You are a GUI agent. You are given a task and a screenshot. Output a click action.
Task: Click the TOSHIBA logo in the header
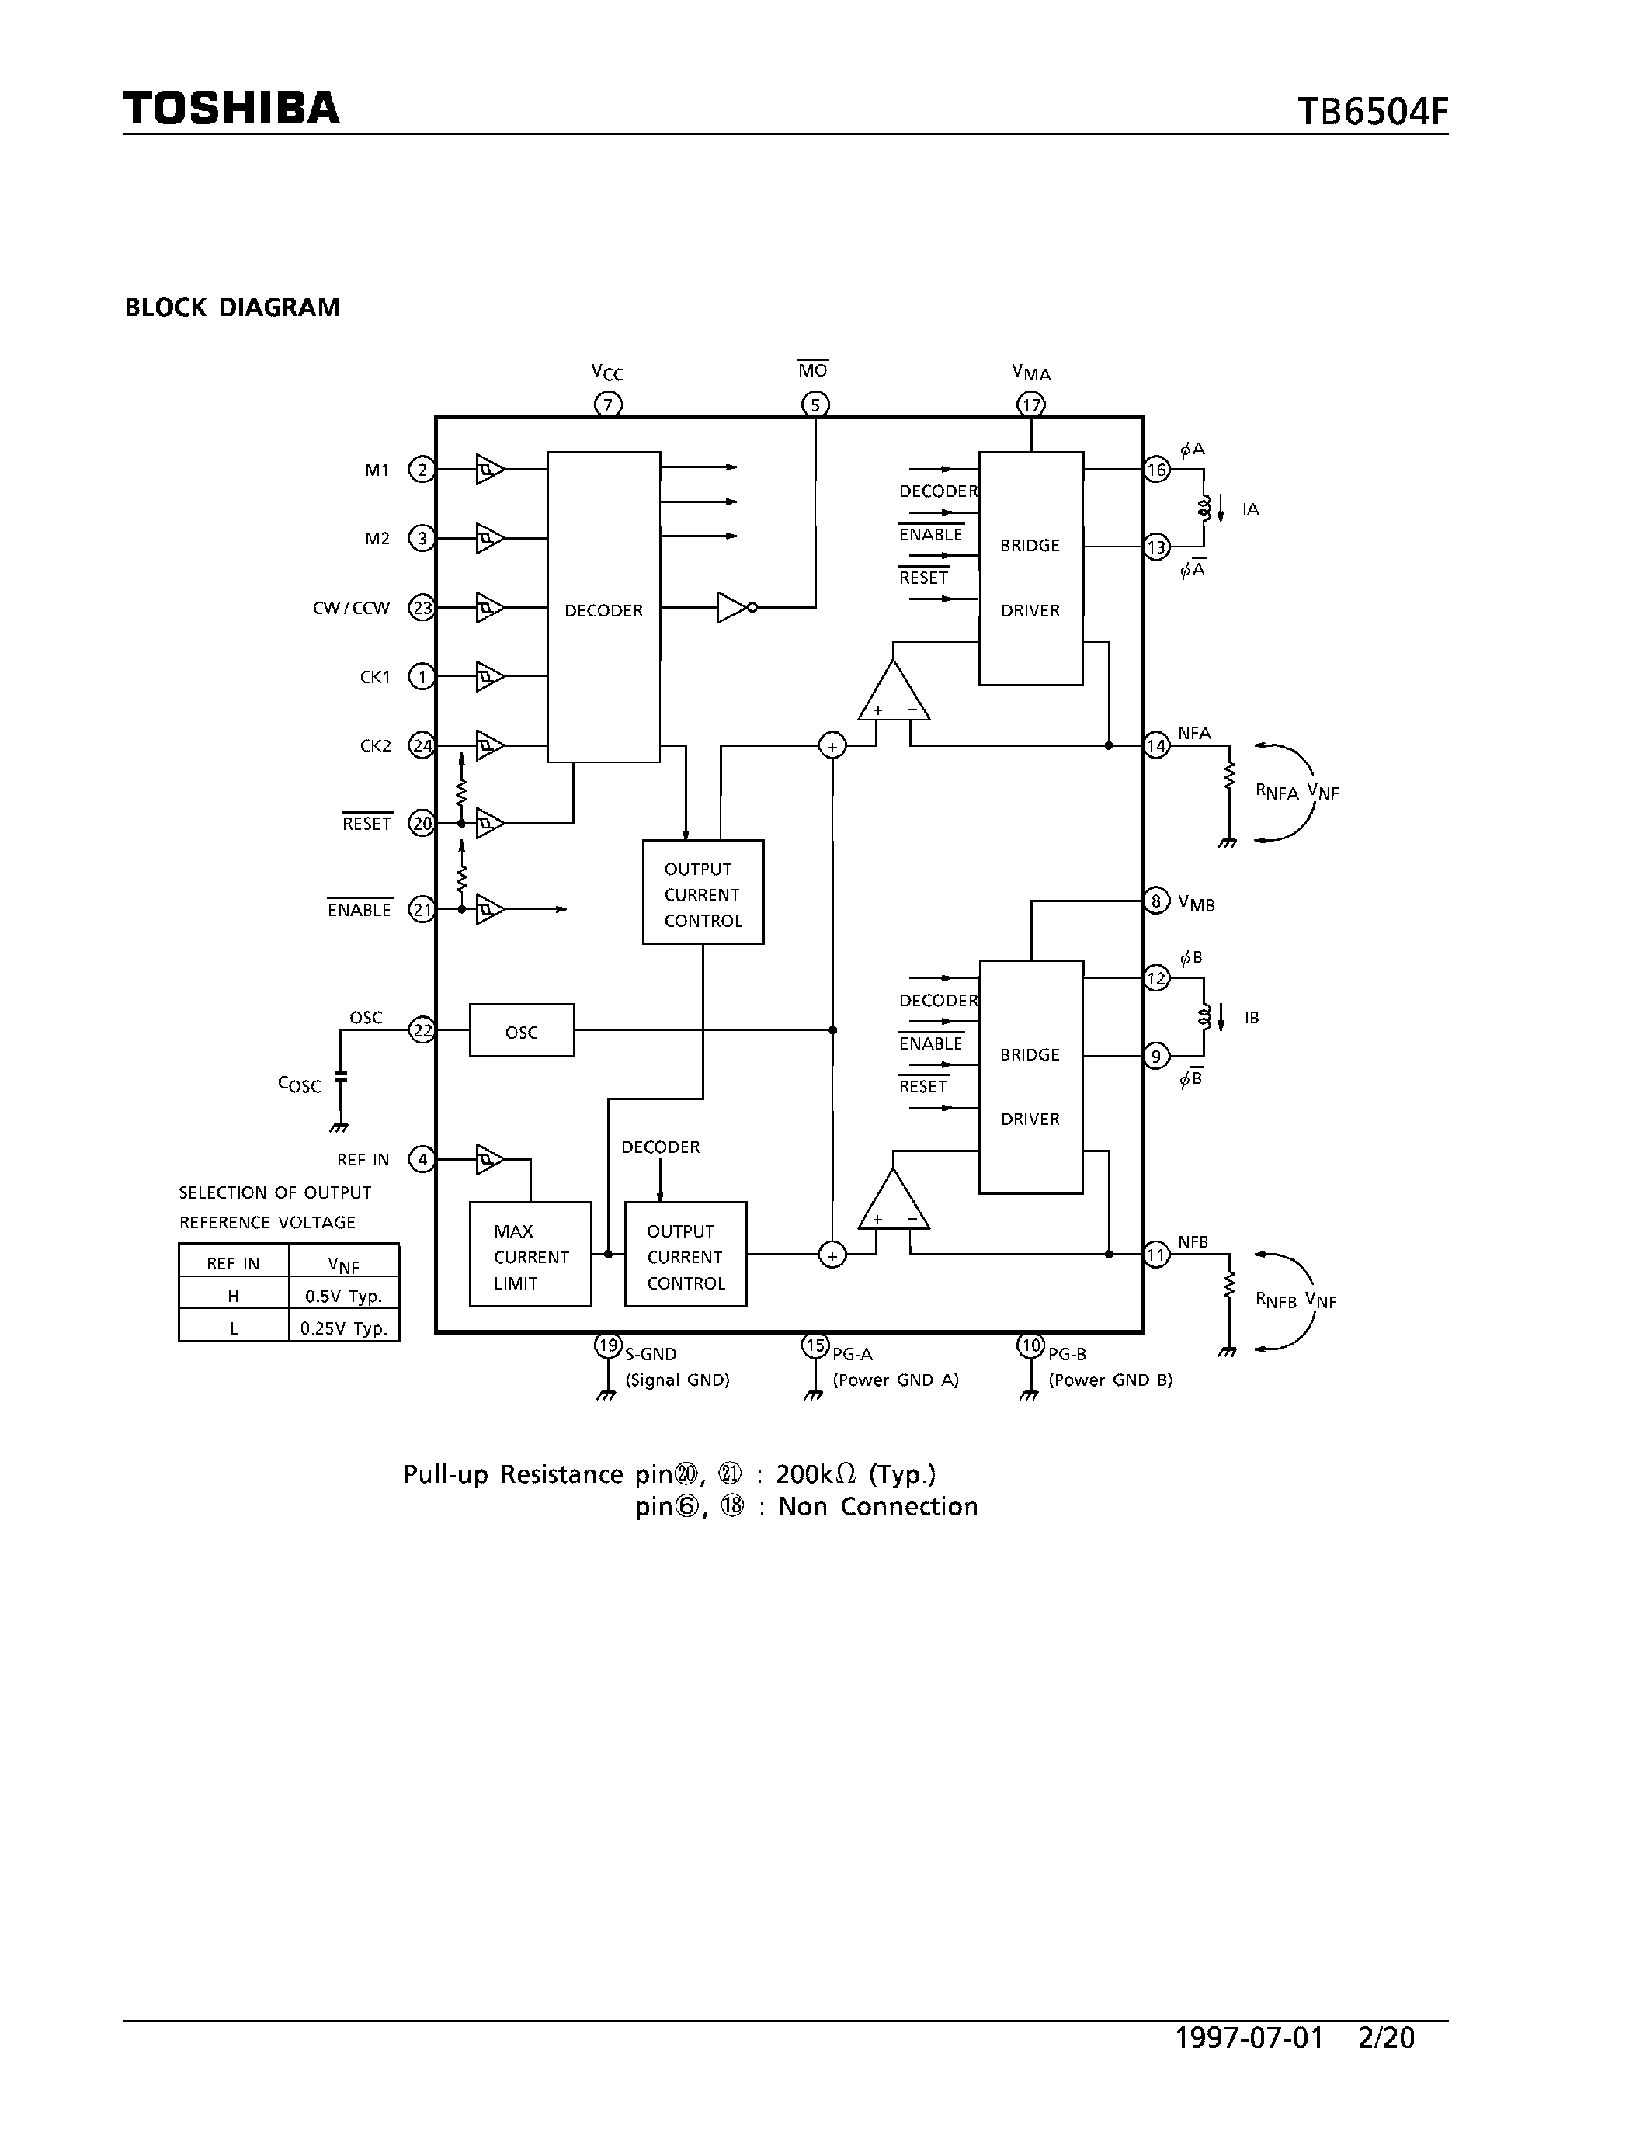[231, 109]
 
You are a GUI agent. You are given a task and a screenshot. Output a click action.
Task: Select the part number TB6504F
[1371, 113]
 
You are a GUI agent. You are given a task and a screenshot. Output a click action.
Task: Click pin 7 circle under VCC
[608, 404]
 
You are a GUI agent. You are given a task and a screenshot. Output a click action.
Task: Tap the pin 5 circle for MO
[815, 404]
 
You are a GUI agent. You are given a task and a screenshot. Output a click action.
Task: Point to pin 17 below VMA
[1030, 404]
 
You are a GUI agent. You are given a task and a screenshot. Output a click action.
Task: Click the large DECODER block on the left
[603, 607]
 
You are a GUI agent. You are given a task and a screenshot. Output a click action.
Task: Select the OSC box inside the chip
[521, 1030]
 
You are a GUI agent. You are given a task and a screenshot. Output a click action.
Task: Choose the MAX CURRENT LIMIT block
[530, 1254]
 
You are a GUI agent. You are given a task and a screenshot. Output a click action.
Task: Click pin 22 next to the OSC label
[422, 1030]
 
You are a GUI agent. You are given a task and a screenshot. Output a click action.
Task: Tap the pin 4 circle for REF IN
[422, 1159]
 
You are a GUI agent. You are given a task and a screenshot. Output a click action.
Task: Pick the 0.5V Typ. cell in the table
[343, 1297]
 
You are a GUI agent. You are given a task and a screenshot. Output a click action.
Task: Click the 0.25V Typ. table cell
[343, 1328]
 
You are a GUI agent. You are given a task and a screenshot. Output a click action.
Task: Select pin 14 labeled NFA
[1156, 746]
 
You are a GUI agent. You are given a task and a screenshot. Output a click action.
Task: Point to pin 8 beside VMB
[1156, 901]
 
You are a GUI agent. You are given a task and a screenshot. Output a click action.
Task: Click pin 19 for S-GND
[608, 1345]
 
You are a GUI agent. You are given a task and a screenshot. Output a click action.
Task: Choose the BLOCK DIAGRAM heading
[231, 308]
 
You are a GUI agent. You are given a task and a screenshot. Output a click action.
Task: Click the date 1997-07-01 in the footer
[1249, 2037]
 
